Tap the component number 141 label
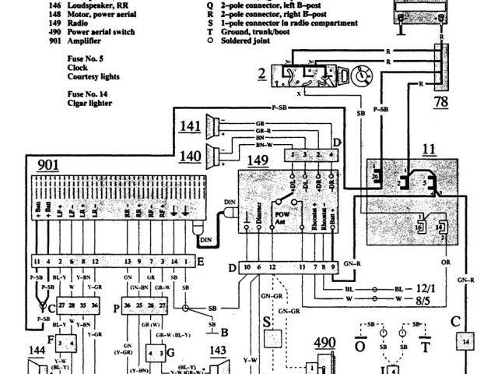[x=188, y=125]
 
